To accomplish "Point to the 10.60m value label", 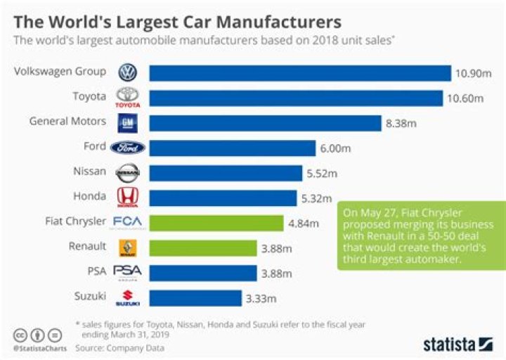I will pyautogui.click(x=465, y=98).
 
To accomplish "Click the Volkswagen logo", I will pyautogui.click(x=128, y=72).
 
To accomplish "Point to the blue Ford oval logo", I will pyautogui.click(x=128, y=147).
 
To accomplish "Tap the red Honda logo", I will pyautogui.click(x=128, y=198).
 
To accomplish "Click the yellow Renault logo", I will pyautogui.click(x=128, y=247).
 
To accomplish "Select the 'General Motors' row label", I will pyautogui.click(x=67, y=122).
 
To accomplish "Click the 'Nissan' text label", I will pyautogui.click(x=90, y=171).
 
